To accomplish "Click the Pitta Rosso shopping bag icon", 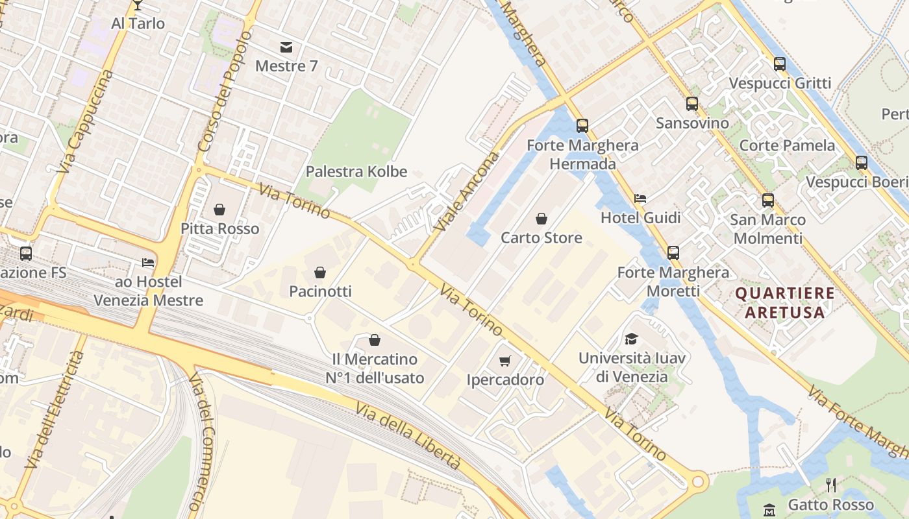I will pos(219,210).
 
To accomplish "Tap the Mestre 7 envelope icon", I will pos(286,47).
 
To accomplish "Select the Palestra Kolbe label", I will pos(356,172).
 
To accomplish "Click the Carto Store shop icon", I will pos(541,219).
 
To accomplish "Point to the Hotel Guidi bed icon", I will pos(640,199).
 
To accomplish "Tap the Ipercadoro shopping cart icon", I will pos(505,361).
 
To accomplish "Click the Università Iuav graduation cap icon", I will pos(631,339).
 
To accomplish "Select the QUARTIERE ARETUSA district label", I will pos(784,302).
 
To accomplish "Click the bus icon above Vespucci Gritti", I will pos(779,64).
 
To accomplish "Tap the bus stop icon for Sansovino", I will pos(692,104).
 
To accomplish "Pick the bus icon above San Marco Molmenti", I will pos(768,200).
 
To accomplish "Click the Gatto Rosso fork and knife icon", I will pos(830,485).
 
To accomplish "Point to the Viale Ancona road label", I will pos(467,191).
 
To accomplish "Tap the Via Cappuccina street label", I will pos(85,121).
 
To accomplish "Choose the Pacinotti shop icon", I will pos(319,272).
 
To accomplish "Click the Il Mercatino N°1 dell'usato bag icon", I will pos(374,340).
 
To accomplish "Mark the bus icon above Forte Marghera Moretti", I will pos(673,253).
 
